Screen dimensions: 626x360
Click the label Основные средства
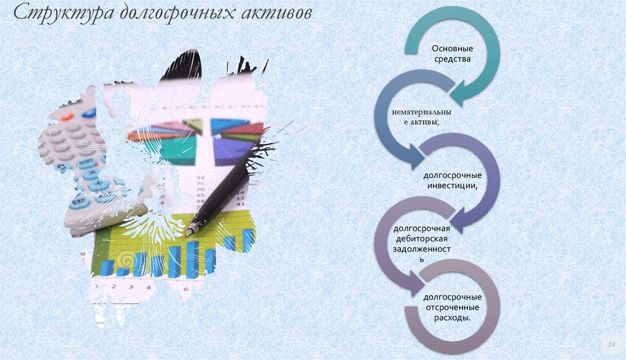452,54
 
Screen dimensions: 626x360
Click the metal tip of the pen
191,232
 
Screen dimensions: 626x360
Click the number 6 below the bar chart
185,287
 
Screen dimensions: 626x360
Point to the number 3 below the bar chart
114,286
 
